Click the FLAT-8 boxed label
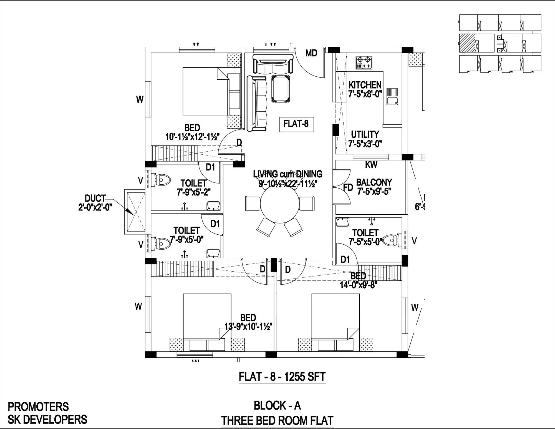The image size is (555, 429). click(x=296, y=123)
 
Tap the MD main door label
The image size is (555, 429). click(x=311, y=53)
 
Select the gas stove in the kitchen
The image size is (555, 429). click(x=364, y=63)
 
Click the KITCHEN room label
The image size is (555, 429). click(x=365, y=85)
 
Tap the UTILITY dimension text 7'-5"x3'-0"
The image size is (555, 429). click(x=365, y=144)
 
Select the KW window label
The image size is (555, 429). click(x=371, y=165)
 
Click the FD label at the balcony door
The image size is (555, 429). click(x=348, y=188)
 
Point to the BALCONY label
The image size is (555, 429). click(x=374, y=182)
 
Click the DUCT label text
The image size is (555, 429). click(x=95, y=198)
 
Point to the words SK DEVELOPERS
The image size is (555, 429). click(x=47, y=419)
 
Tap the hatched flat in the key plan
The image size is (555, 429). click(x=467, y=43)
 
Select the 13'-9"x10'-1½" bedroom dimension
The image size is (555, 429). click(x=248, y=326)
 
